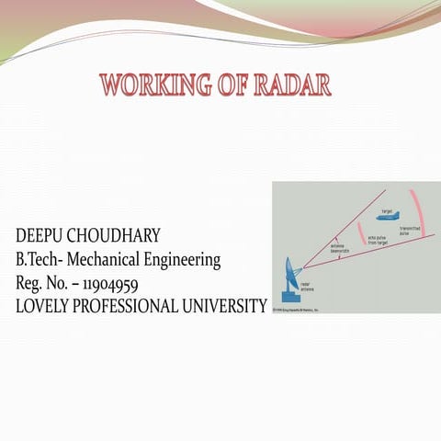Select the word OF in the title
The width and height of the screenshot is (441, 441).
[230, 87]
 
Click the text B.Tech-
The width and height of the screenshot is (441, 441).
[41, 260]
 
